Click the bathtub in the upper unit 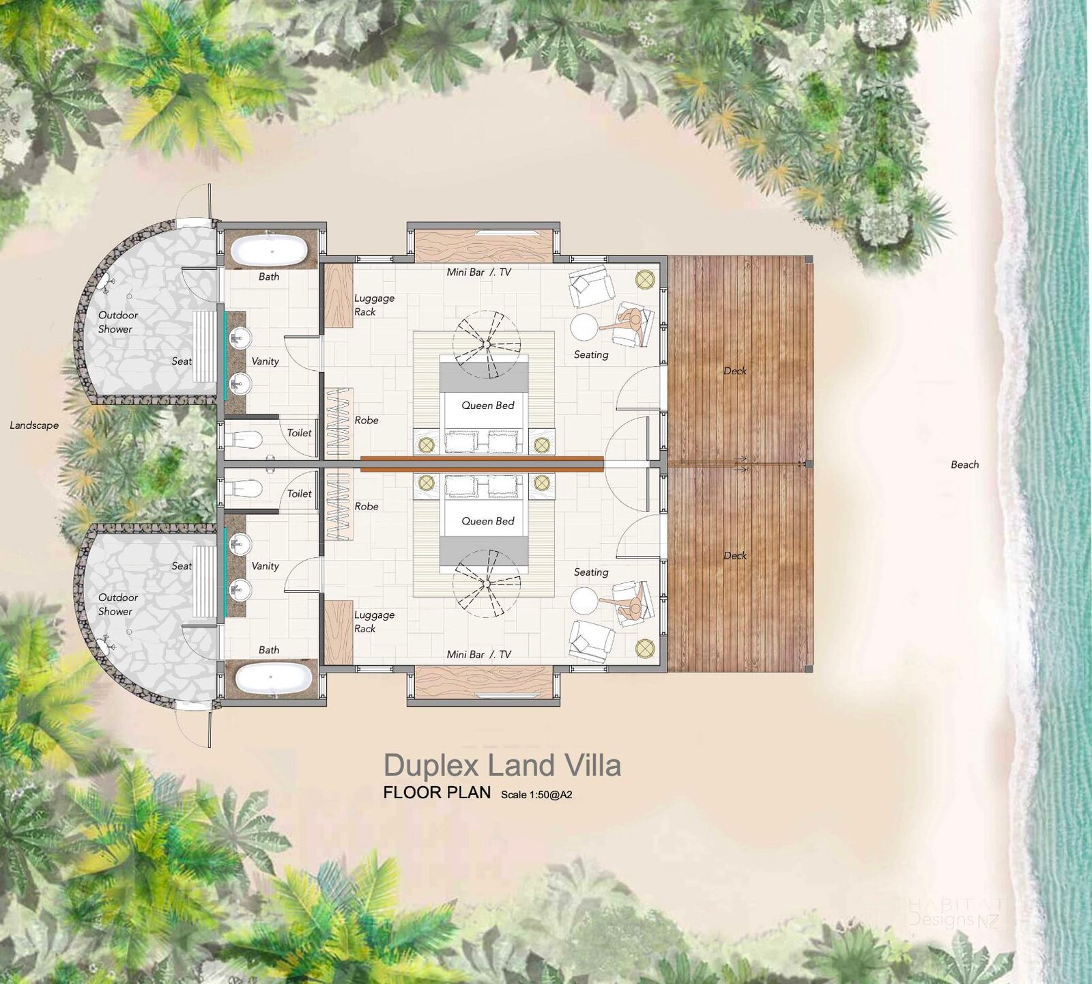(269, 251)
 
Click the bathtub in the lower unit (274, 678)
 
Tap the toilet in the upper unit (243, 439)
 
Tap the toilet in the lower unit (243, 489)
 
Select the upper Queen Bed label (488, 406)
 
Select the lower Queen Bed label (488, 521)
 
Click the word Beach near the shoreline (965, 464)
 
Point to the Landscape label (34, 425)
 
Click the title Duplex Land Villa (502, 765)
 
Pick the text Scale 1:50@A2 (536, 795)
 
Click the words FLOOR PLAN (437, 793)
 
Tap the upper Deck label (735, 371)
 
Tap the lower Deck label (735, 555)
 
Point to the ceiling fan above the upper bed (487, 344)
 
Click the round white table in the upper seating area (585, 327)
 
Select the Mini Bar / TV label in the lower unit (479, 654)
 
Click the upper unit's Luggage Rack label (374, 305)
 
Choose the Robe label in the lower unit (367, 506)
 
